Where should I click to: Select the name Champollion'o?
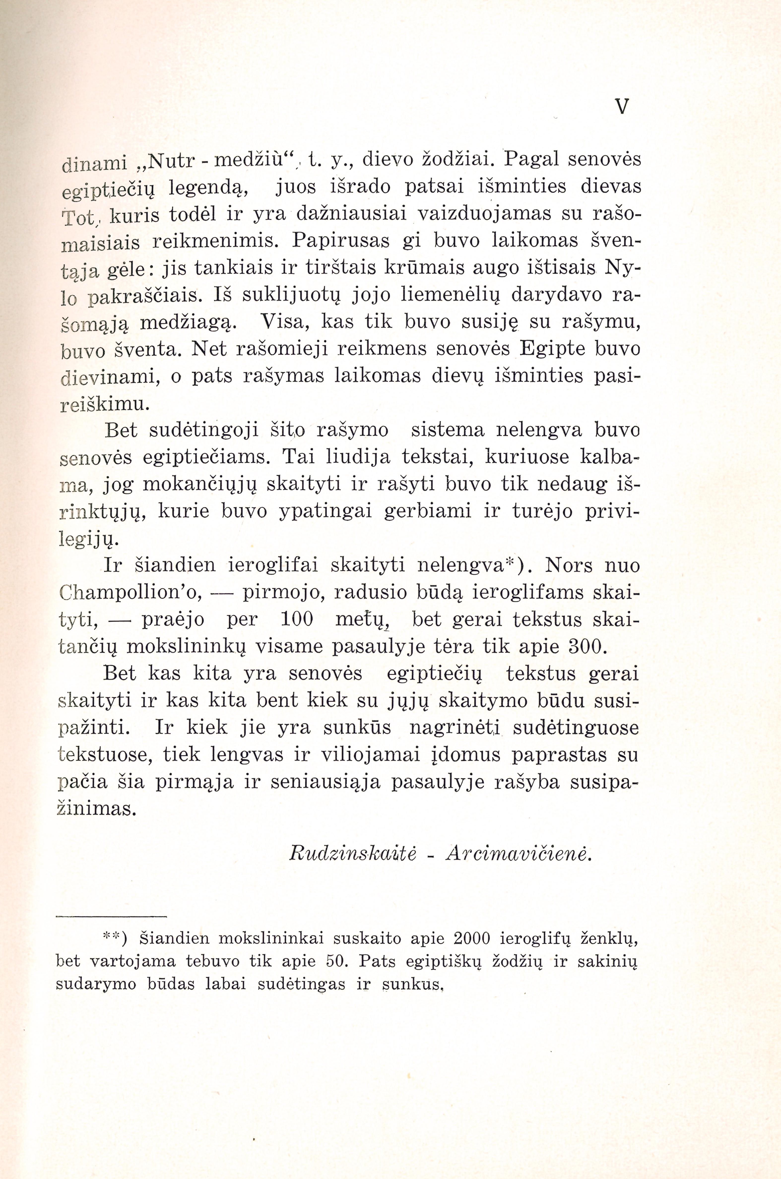[x=130, y=592]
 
